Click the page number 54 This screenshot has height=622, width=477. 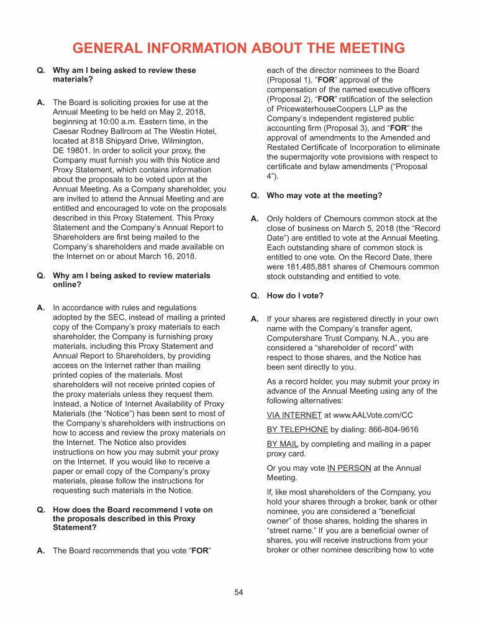238,592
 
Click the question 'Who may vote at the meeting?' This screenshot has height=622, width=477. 324,195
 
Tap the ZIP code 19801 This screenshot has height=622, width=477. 78,151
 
